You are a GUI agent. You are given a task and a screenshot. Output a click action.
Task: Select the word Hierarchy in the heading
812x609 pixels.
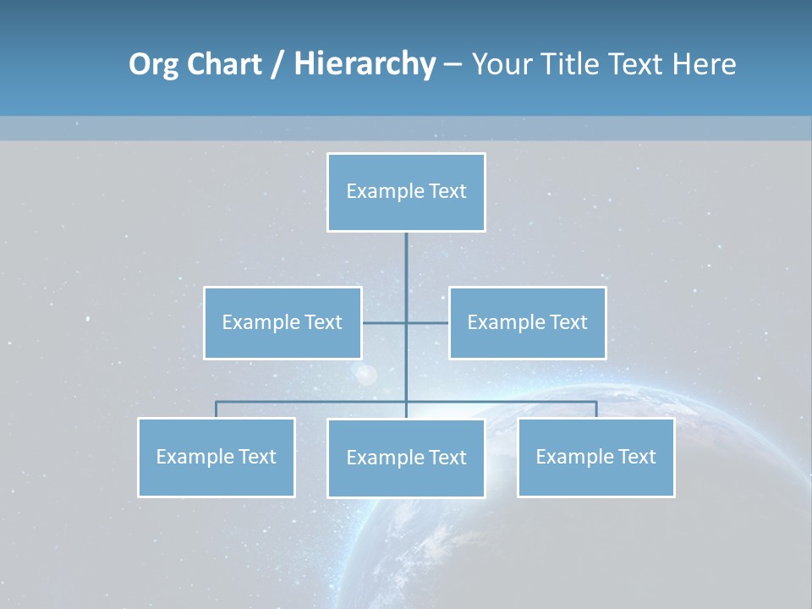365,64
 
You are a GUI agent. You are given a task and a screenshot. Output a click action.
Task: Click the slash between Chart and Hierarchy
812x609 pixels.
277,65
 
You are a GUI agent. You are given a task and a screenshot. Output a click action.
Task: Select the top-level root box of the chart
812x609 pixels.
406,192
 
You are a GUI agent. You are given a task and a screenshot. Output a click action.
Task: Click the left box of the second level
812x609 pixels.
283,322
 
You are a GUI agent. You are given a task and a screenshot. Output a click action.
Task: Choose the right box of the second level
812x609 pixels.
527,322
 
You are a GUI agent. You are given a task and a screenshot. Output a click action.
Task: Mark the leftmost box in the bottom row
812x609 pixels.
216,457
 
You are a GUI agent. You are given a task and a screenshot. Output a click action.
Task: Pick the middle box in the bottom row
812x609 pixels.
406,458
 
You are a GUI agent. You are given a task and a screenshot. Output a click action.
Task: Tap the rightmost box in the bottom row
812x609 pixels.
595,457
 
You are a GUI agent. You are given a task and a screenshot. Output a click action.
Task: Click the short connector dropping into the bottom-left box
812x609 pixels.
216,409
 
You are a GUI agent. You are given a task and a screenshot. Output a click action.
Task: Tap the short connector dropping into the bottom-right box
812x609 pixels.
596,409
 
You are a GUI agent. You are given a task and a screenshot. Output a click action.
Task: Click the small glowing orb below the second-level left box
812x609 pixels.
366,374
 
